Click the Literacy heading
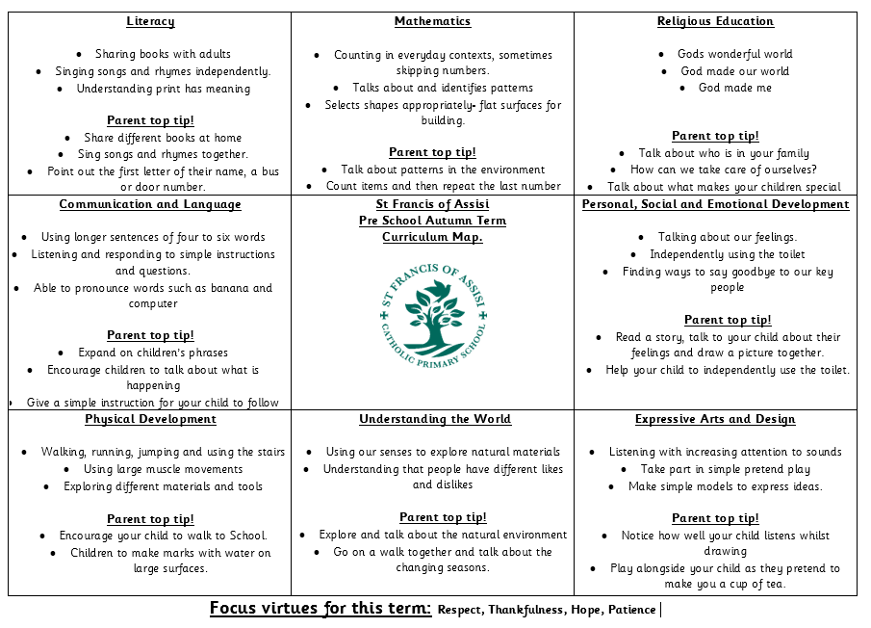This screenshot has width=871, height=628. (x=150, y=21)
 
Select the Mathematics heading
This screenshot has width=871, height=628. (x=432, y=21)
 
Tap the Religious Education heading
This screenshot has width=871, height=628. (x=715, y=21)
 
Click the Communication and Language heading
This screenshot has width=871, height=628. (x=150, y=204)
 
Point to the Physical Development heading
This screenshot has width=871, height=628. (x=150, y=419)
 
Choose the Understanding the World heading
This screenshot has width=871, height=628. (x=435, y=419)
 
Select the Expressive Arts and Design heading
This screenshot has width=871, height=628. (x=715, y=419)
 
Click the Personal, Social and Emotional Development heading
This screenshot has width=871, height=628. (x=715, y=204)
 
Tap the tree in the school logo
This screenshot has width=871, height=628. (x=433, y=318)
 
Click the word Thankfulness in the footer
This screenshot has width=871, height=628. (x=528, y=610)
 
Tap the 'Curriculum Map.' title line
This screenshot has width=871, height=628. (x=432, y=237)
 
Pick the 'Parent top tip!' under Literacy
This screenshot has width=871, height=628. (x=150, y=120)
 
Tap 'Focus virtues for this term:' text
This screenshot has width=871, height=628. (x=320, y=609)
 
